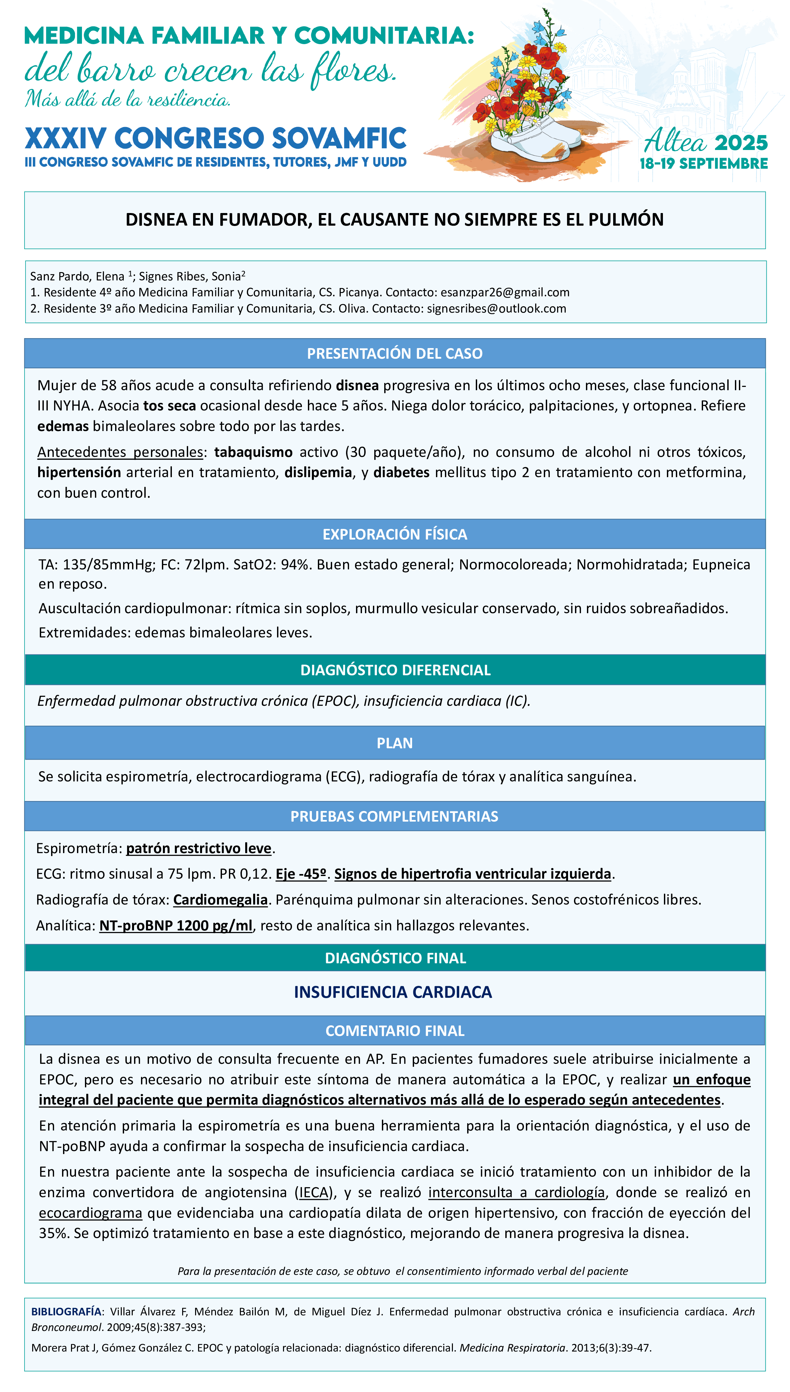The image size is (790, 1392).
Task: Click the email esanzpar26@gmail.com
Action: point(505,292)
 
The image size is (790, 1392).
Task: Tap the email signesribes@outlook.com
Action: point(496,309)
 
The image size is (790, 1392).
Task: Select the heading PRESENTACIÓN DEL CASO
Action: point(395,354)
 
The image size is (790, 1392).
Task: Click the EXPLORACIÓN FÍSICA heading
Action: point(395,534)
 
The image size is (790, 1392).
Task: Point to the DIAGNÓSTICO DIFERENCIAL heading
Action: point(395,670)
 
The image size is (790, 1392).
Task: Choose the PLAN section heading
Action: point(395,743)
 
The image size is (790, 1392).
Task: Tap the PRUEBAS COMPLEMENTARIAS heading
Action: point(395,816)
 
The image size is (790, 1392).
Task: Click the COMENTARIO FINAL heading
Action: point(395,1031)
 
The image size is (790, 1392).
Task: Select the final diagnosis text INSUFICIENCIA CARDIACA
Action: point(393,992)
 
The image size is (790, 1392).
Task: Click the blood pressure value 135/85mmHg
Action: point(108,565)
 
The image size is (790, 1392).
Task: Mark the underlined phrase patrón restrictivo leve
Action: point(199,848)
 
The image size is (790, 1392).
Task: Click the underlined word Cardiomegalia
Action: point(220,900)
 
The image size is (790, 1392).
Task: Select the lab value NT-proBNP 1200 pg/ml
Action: point(176,925)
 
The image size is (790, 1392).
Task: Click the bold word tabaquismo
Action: point(253,452)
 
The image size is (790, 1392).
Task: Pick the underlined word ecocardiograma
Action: point(91,1213)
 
